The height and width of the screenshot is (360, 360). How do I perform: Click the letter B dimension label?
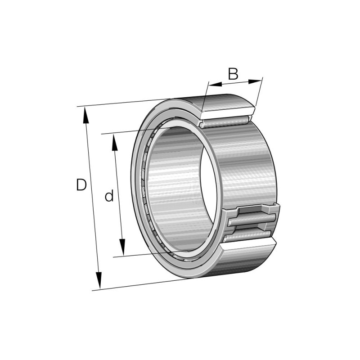coord(233,73)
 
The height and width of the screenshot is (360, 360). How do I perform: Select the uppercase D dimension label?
coord(81,185)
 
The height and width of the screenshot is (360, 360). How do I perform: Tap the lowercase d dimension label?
coord(109,196)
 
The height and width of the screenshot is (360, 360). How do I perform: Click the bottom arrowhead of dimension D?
coord(99,280)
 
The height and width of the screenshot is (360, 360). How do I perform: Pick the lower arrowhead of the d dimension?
coord(122,247)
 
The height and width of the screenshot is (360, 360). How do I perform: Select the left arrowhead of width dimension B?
coord(215,84)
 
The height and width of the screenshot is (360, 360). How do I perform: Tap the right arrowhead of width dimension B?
coord(255,81)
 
